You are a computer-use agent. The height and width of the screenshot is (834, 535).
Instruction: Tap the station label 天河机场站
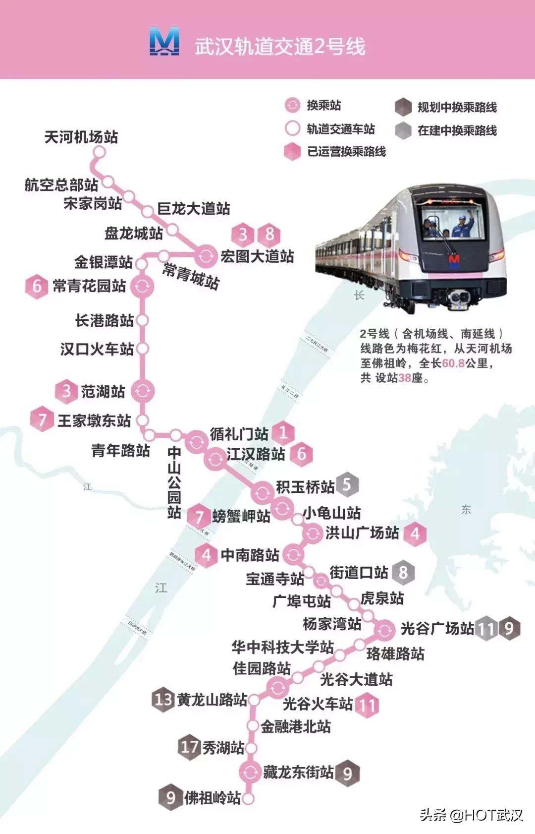click(x=81, y=137)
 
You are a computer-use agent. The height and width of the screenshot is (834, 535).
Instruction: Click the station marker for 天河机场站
click(x=100, y=152)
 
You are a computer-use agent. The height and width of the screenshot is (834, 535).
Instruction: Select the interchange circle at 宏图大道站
click(x=205, y=256)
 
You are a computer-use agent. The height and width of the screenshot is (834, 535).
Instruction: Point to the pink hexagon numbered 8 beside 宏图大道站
click(x=269, y=234)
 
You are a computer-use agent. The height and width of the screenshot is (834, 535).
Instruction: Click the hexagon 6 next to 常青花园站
click(x=37, y=286)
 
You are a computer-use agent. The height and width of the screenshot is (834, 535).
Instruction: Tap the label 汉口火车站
click(x=97, y=349)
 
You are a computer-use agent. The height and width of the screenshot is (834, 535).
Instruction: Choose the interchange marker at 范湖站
click(x=143, y=391)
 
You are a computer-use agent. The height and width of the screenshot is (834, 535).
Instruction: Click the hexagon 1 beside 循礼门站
click(x=283, y=432)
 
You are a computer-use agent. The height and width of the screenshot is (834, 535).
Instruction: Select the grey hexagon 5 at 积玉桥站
click(x=347, y=484)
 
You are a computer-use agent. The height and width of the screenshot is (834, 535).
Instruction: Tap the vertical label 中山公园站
click(x=174, y=482)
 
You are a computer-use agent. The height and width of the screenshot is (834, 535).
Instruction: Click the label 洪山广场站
click(x=362, y=533)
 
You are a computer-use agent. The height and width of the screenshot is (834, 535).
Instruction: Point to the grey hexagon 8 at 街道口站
click(x=403, y=573)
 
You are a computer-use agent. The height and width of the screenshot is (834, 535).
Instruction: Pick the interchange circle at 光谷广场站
click(x=384, y=630)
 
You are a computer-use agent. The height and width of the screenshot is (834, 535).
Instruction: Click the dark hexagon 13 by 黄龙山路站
click(x=163, y=700)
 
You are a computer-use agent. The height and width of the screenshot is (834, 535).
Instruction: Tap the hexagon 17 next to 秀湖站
click(x=189, y=747)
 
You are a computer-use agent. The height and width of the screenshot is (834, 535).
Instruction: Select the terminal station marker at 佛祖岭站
click(x=248, y=798)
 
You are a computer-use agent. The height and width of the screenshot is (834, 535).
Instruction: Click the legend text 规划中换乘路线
click(x=457, y=107)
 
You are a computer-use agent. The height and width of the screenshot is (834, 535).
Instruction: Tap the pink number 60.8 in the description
click(x=453, y=363)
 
